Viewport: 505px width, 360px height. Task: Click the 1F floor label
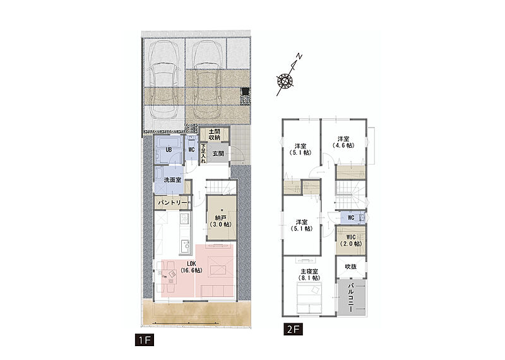click(145, 340)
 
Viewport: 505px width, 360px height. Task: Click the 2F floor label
click(293, 330)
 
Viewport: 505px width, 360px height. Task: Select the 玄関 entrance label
click(218, 153)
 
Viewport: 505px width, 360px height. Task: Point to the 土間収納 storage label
click(214, 135)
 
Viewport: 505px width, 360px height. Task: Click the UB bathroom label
click(169, 150)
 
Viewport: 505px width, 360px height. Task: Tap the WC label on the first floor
click(191, 150)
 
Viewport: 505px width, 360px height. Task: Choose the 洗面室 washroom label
click(172, 180)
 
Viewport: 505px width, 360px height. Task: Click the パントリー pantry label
click(172, 203)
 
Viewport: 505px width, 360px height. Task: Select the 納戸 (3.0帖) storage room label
click(222, 221)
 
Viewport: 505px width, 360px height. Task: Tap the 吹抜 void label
click(351, 267)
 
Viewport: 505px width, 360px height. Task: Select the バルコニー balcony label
click(352, 297)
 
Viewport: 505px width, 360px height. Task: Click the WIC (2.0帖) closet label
click(351, 241)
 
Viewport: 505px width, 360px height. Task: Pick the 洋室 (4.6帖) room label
click(343, 142)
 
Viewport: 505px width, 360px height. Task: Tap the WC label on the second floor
click(351, 217)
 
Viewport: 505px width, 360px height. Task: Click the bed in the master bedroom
click(309, 298)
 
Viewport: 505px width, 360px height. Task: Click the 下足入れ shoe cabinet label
click(203, 153)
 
